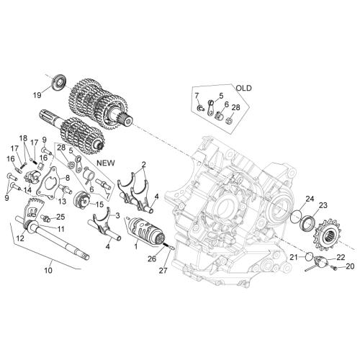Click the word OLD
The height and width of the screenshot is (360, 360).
coord(244,88)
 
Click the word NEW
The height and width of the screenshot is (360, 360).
coord(106,163)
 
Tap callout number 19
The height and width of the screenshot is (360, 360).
coord(37,95)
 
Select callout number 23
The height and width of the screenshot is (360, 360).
coord(323,205)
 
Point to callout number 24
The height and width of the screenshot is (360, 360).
coord(310,199)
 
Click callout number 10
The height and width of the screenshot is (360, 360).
coord(48,270)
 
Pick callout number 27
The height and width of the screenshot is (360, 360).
coord(163,271)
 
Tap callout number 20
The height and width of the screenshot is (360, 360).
coord(350,266)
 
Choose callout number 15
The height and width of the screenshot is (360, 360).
coord(99,204)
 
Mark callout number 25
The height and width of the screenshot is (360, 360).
coord(60,217)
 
